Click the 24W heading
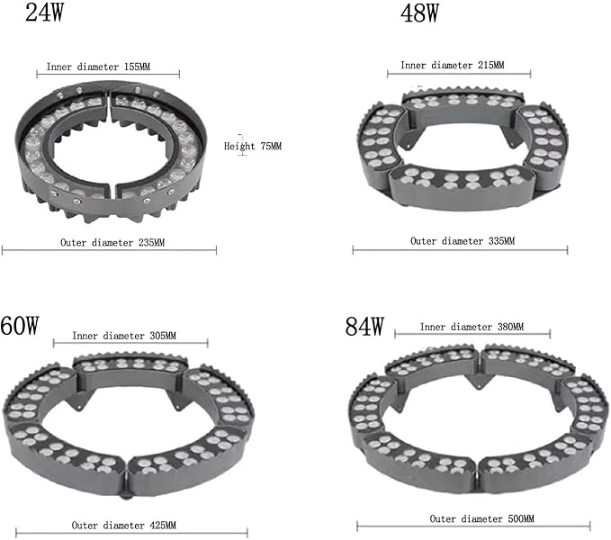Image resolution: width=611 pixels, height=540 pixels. point(44,12)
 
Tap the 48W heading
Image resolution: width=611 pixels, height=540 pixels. point(419,13)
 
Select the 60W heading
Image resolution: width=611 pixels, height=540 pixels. point(20,325)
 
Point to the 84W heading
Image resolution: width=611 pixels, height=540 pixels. point(364,326)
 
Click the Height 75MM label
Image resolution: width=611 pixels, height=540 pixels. point(253,146)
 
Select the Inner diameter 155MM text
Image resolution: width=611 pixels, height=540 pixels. point(98,67)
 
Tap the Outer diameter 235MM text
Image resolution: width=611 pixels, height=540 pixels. point(112,242)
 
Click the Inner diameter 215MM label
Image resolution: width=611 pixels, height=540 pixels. point(452,65)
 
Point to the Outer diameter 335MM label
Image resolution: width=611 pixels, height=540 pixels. point(463,241)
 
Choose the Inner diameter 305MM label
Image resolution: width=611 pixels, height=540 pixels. point(124,336)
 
